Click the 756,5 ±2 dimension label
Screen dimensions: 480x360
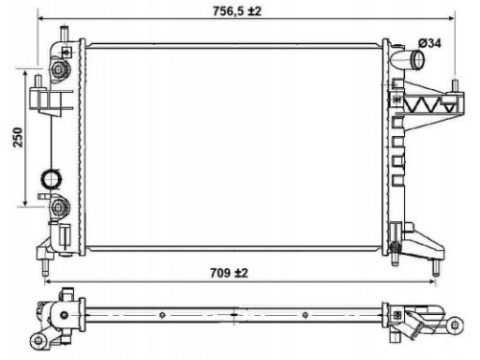236,11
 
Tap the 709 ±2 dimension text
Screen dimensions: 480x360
229,273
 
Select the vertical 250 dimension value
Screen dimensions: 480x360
18,137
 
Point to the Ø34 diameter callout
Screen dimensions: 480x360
429,43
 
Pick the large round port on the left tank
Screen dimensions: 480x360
51,179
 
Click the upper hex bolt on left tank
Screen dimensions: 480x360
58,69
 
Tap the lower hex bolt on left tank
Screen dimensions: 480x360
58,206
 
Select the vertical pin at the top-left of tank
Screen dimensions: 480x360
65,33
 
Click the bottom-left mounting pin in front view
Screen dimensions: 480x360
46,267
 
